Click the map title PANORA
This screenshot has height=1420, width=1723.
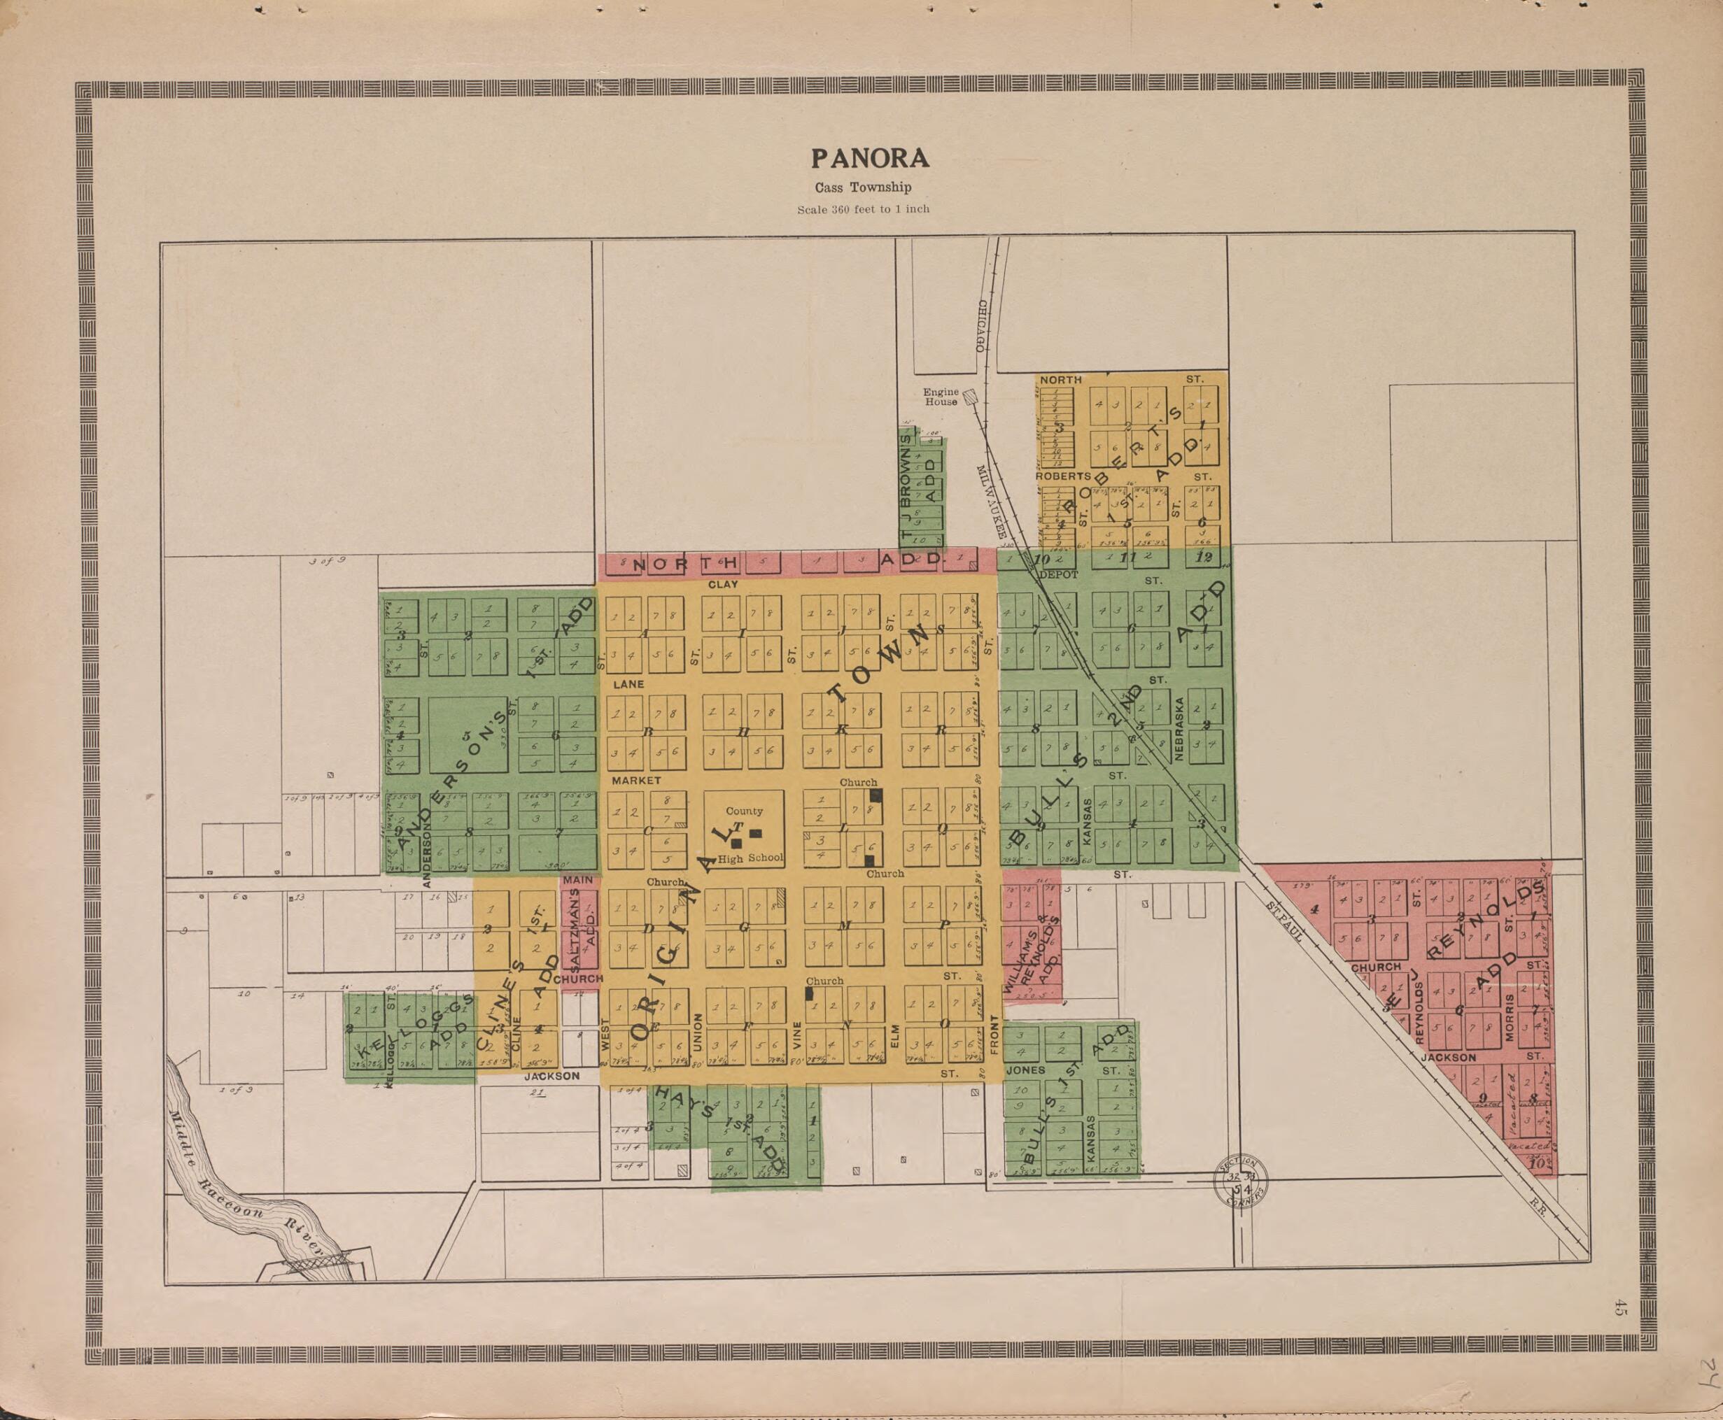point(869,158)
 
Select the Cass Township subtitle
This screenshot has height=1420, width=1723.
point(862,188)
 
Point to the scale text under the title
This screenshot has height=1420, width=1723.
point(863,209)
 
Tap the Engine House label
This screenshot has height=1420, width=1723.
point(941,397)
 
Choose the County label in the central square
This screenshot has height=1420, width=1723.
point(744,811)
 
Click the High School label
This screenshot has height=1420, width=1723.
point(752,858)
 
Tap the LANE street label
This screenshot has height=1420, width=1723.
point(629,684)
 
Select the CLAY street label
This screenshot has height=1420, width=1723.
point(723,585)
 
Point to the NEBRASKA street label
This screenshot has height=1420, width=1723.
point(1179,730)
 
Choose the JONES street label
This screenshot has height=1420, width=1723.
point(1026,1071)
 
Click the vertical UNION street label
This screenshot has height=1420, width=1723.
point(698,1033)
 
